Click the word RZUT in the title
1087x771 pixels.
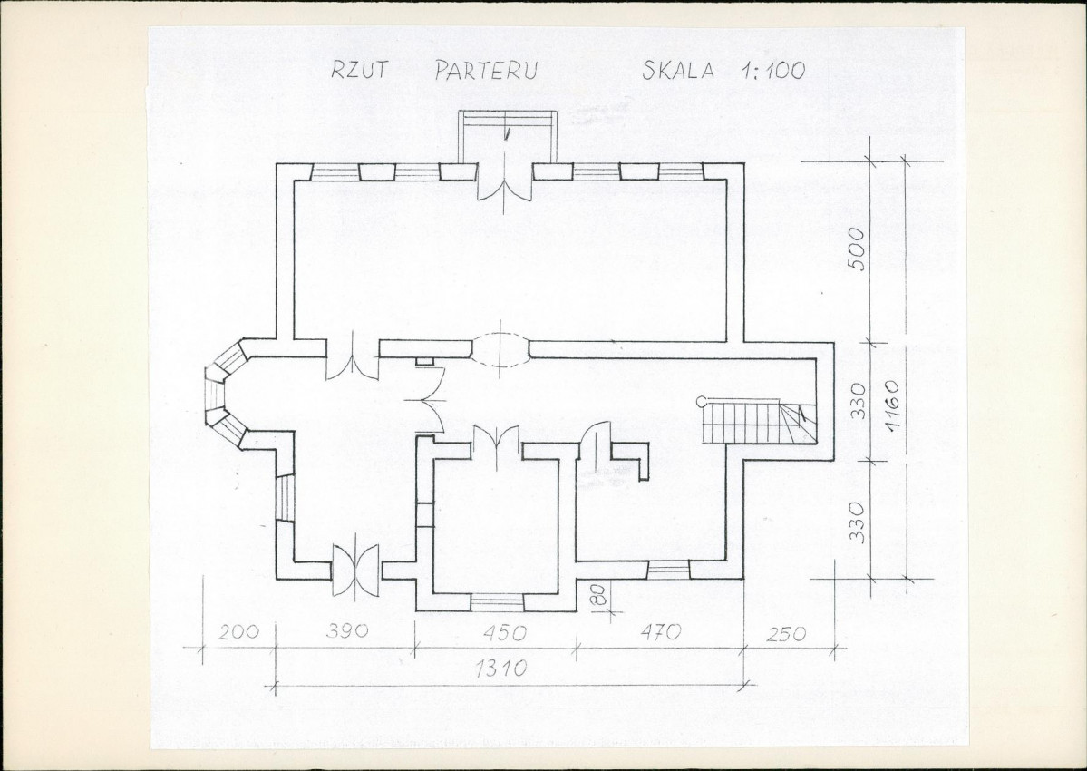pyautogui.click(x=360, y=69)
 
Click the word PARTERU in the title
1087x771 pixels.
pyautogui.click(x=487, y=70)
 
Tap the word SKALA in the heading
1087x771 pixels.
pyautogui.click(x=678, y=70)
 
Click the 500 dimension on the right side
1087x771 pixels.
pyautogui.click(x=857, y=249)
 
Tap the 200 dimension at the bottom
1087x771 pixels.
pyautogui.click(x=239, y=631)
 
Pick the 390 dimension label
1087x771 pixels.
pyautogui.click(x=346, y=631)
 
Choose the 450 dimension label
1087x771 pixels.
pyautogui.click(x=504, y=632)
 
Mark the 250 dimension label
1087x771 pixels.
pyautogui.click(x=787, y=633)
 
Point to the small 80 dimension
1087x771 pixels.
pyautogui.click(x=600, y=595)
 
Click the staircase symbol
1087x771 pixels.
pyautogui.click(x=760, y=421)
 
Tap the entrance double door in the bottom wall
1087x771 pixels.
pyautogui.click(x=355, y=569)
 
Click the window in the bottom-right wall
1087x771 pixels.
pyautogui.click(x=668, y=570)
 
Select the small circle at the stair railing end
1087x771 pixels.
pyautogui.click(x=702, y=400)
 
